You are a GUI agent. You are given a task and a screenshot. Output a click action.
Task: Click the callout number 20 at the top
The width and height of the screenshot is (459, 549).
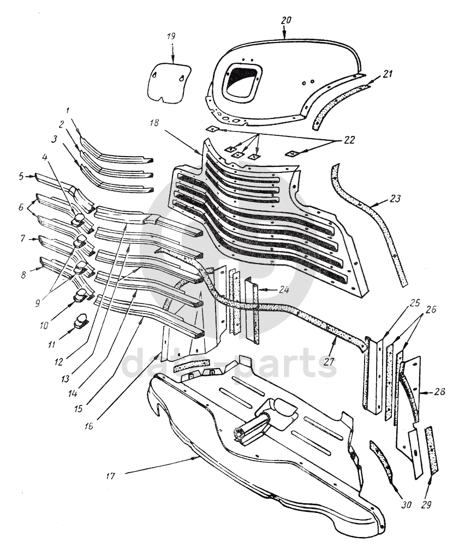287,20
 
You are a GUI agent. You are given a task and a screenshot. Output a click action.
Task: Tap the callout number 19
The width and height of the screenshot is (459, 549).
171,37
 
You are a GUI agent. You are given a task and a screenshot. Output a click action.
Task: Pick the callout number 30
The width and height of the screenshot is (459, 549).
406,505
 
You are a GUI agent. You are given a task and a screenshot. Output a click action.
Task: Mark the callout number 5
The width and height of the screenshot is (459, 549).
21,176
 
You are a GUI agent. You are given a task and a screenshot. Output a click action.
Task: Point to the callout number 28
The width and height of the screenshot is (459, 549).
440,392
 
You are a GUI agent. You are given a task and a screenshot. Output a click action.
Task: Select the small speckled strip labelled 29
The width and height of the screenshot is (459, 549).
433,450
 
